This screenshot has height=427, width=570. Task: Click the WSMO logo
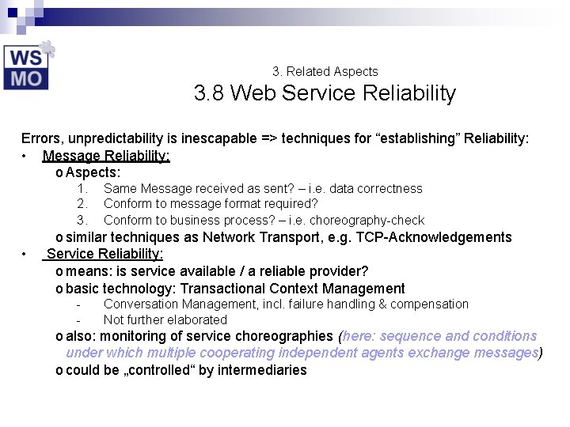(27, 66)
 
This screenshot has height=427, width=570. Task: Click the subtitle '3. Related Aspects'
(325, 71)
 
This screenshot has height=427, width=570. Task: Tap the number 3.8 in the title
(209, 93)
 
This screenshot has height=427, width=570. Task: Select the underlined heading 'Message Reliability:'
(106, 156)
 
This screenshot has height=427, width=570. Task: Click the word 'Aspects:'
(93, 172)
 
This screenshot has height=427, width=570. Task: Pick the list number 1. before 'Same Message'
(82, 188)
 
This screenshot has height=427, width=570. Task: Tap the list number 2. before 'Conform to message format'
(82, 204)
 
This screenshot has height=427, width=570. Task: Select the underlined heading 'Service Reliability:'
(104, 254)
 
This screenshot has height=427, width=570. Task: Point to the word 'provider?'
(338, 271)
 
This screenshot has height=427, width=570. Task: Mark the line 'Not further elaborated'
(165, 319)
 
